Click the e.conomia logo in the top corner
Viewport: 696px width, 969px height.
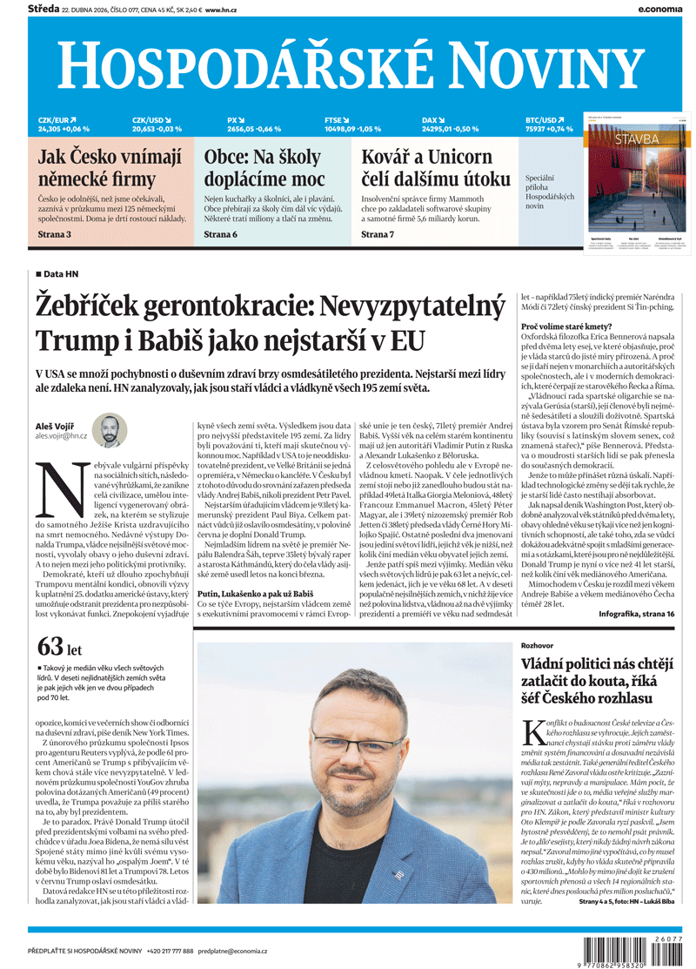tap(661, 8)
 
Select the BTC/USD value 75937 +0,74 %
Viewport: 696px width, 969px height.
tap(549, 129)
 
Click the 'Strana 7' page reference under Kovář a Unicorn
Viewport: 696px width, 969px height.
tap(378, 234)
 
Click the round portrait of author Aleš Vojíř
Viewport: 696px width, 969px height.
tap(109, 430)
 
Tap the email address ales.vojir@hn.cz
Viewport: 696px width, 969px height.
tap(61, 434)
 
